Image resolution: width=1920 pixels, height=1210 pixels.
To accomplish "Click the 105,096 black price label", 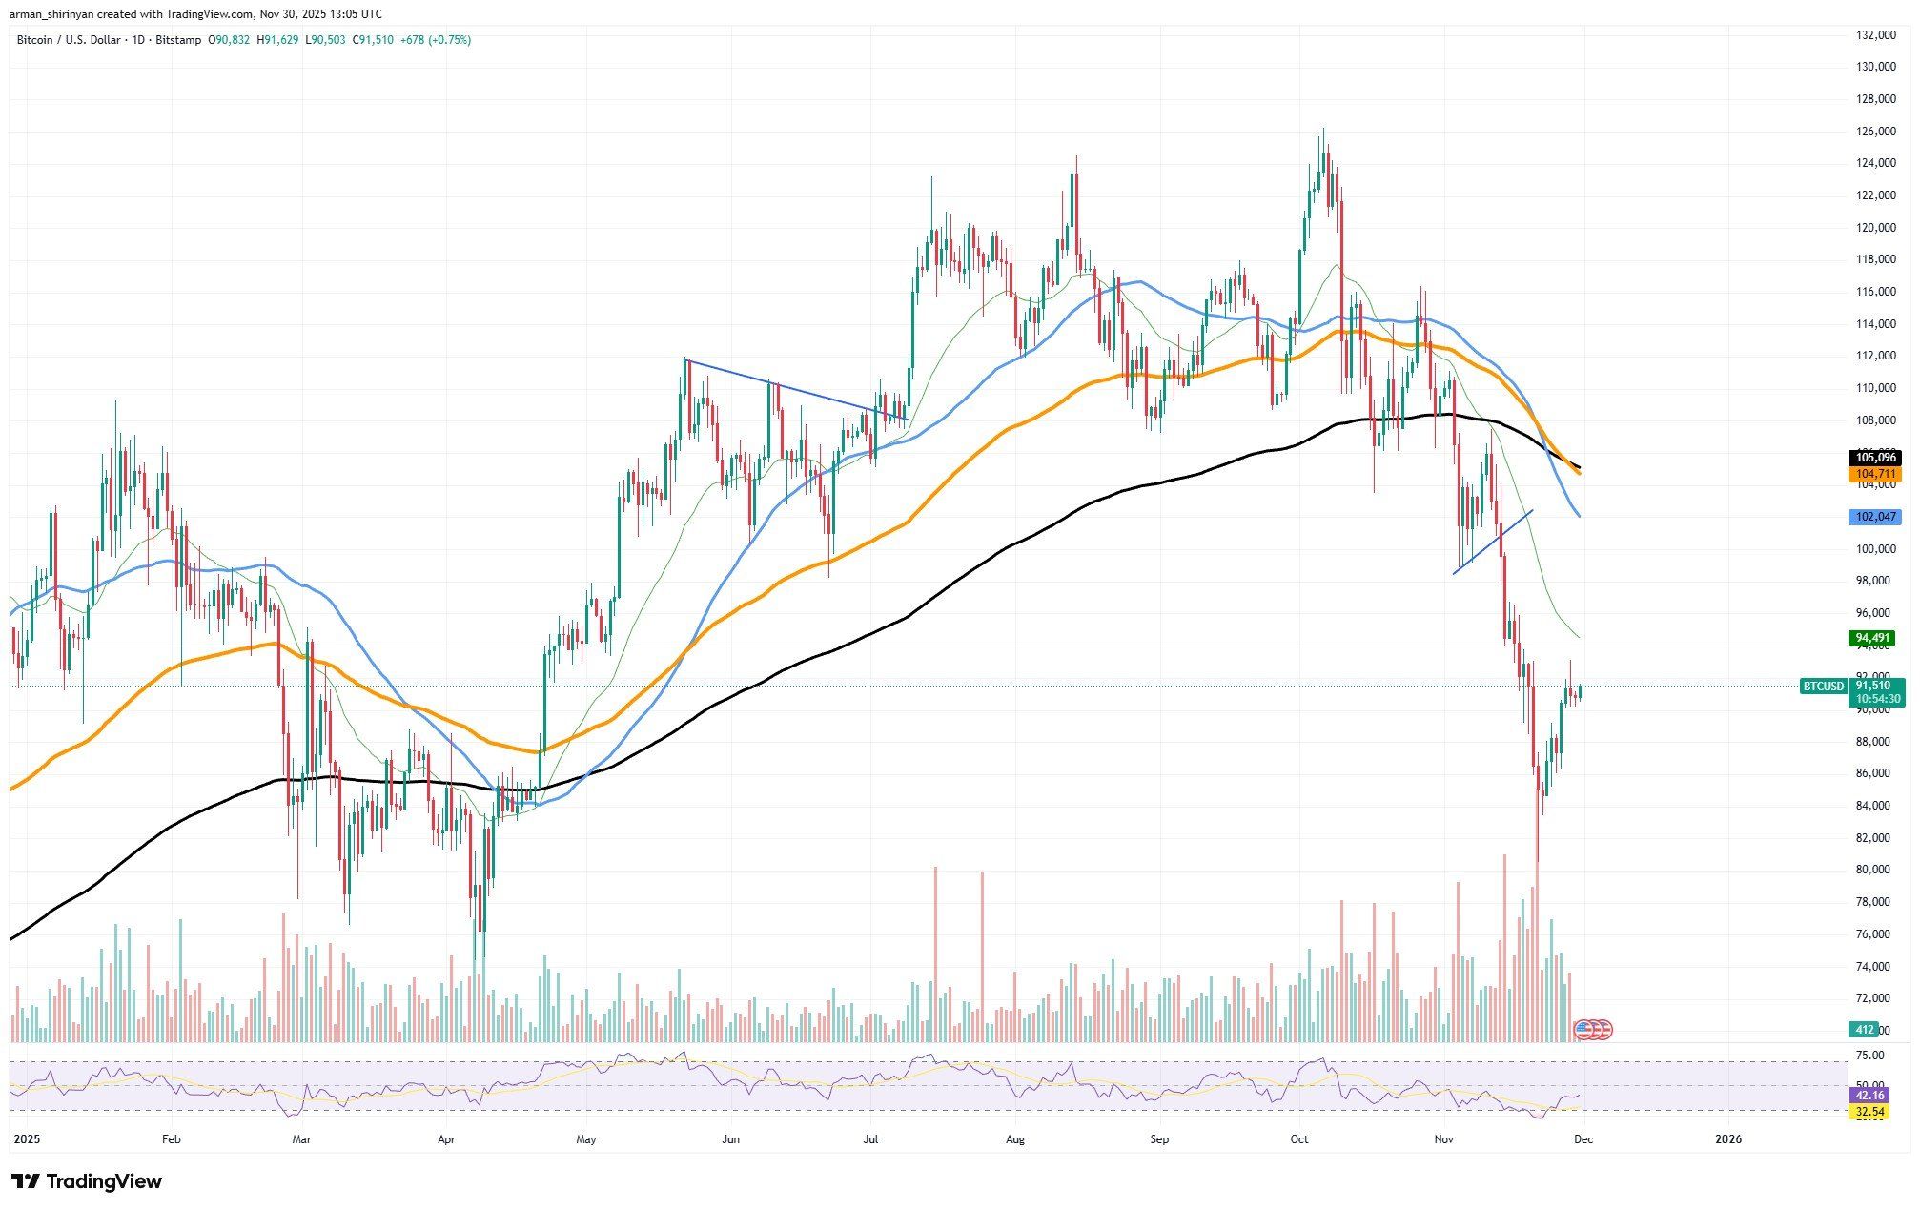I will click(x=1874, y=458).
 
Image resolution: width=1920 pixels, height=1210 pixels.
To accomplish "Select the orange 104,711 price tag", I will click(x=1874, y=474).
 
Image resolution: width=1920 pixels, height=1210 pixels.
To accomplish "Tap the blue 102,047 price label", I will click(x=1874, y=517).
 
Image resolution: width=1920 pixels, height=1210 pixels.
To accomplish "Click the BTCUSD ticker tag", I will click(x=1824, y=686).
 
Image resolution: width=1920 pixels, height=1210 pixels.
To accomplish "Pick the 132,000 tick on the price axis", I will click(x=1873, y=35).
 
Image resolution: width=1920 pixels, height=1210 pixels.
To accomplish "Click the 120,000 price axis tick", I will click(x=1873, y=228).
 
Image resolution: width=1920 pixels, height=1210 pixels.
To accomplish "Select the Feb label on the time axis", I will click(x=171, y=1138).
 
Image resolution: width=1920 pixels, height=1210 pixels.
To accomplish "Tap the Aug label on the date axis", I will click(x=1015, y=1138).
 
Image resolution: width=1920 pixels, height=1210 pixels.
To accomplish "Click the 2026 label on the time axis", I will click(x=1727, y=1138).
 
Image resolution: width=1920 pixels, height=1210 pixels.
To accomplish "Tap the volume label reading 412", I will click(x=1865, y=1030).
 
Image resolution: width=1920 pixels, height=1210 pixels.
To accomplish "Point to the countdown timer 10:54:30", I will click(x=1876, y=699).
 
